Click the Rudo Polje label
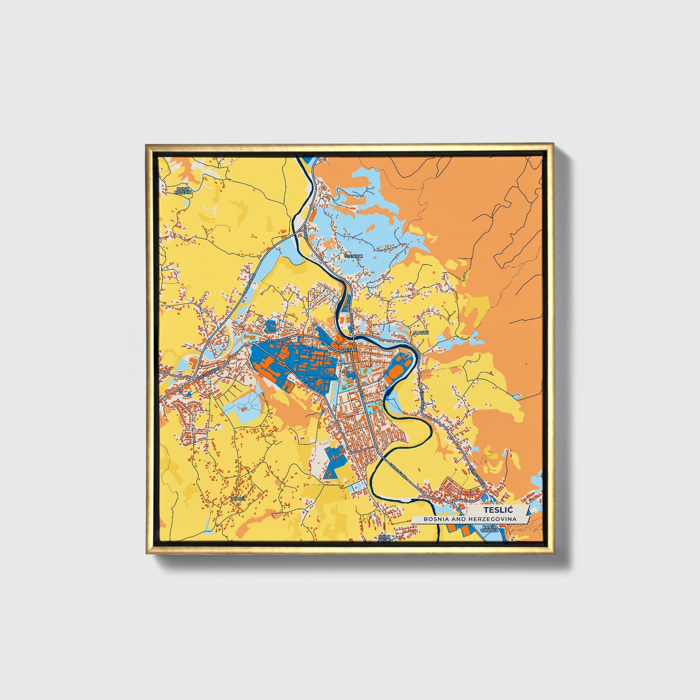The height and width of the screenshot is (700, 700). pos(384,539)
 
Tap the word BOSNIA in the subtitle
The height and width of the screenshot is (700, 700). pos(438,519)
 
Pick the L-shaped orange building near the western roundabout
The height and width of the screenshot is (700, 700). pos(193,363)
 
